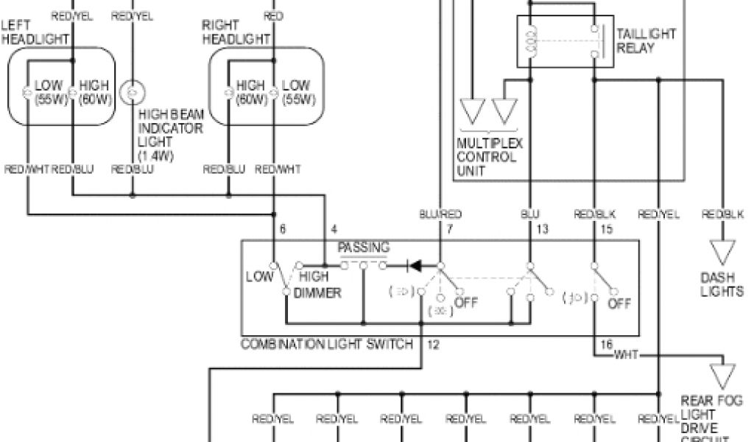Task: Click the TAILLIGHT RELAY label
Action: (x=646, y=41)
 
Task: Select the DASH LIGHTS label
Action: (x=722, y=285)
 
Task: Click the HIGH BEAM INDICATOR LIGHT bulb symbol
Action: (x=133, y=93)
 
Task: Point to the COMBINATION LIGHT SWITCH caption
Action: (x=328, y=344)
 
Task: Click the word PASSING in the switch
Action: (x=363, y=248)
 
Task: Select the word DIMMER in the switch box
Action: (x=318, y=293)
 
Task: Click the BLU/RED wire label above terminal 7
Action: (x=440, y=214)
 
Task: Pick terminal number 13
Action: (x=542, y=230)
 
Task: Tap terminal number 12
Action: (x=433, y=344)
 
